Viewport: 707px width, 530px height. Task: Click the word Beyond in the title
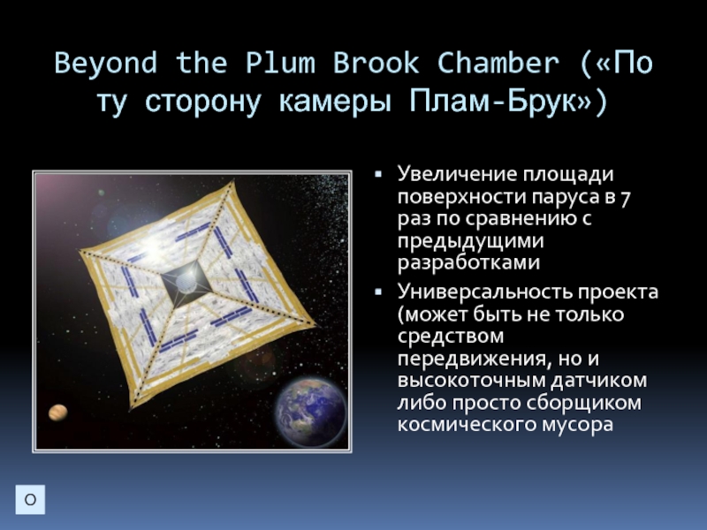[x=106, y=63]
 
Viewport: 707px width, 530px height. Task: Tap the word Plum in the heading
[x=280, y=62]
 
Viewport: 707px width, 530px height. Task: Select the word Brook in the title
[x=376, y=62]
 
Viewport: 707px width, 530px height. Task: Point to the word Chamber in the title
[x=498, y=62]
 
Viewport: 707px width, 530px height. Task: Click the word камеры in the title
[x=335, y=102]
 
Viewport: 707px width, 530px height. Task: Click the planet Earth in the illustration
[x=311, y=413]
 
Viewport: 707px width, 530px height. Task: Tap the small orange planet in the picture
[x=58, y=412]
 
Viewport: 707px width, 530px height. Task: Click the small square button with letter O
[x=30, y=499]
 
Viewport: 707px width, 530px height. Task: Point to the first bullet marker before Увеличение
[x=378, y=174]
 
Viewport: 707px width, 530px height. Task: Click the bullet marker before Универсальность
[x=378, y=292]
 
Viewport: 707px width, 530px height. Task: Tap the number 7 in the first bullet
[x=625, y=197]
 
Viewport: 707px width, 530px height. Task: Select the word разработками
[x=468, y=262]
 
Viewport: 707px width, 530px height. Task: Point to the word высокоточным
[x=471, y=380]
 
